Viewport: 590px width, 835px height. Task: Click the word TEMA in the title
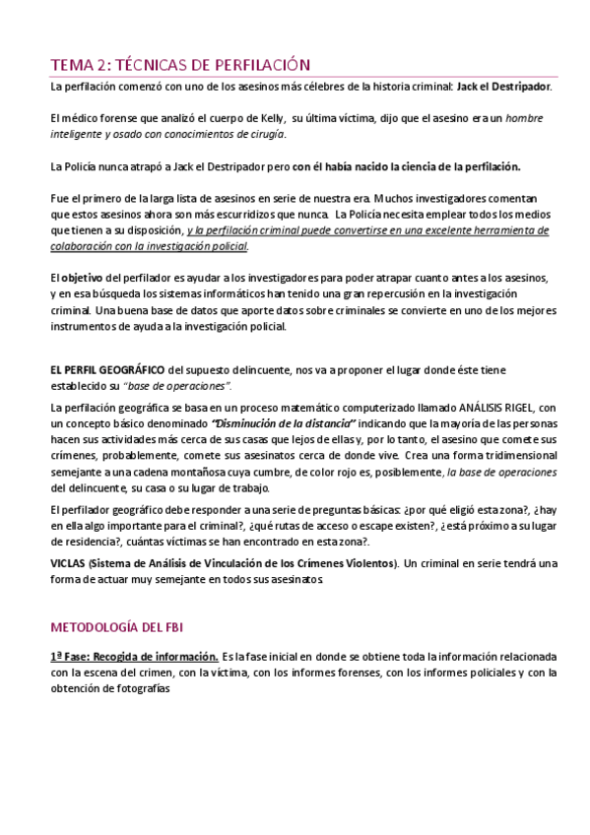click(x=75, y=65)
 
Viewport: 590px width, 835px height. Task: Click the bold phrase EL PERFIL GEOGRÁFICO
click(x=108, y=370)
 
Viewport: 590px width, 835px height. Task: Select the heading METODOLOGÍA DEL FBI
click(x=117, y=626)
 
